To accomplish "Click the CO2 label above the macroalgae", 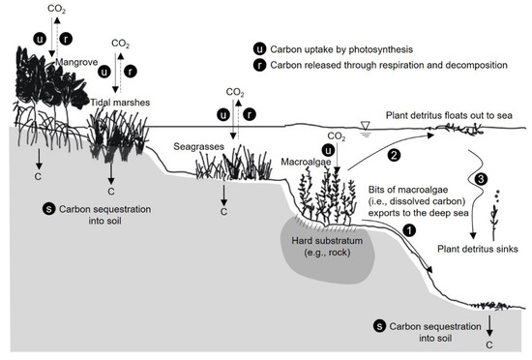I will (338, 135).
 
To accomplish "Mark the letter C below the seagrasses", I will (224, 210).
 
